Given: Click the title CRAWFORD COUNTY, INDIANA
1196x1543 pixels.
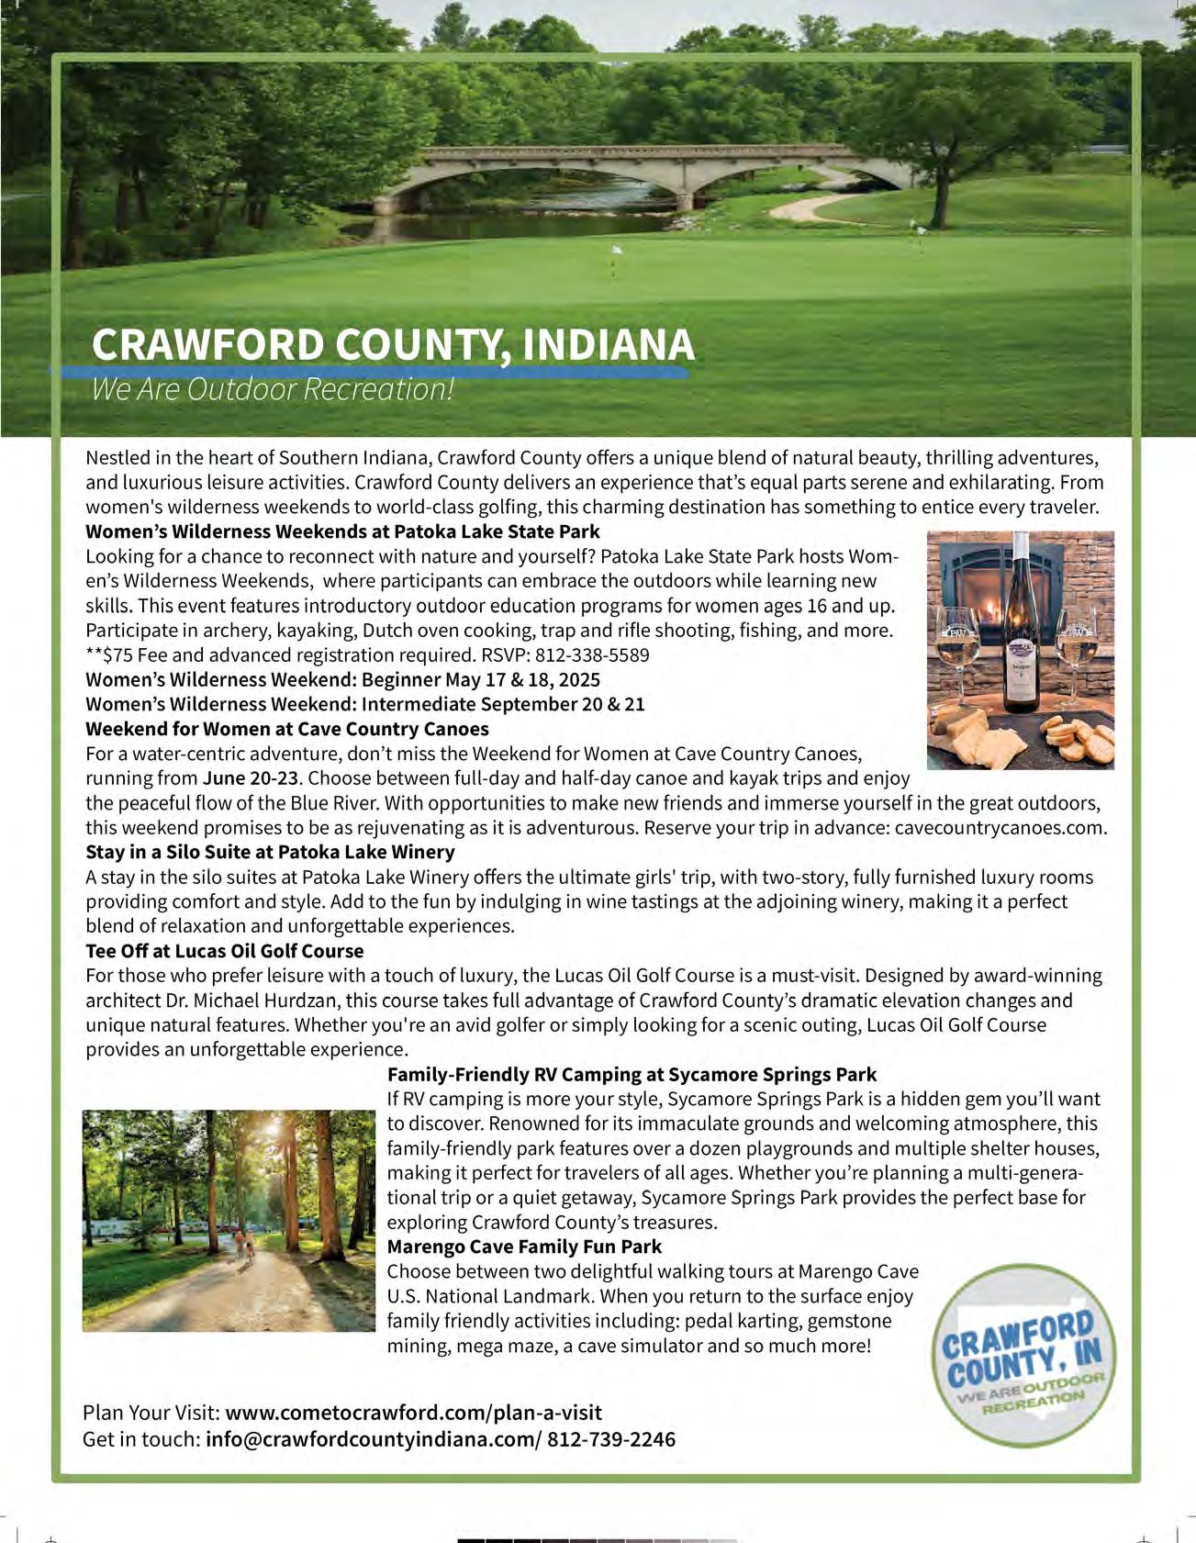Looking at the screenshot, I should (x=393, y=345).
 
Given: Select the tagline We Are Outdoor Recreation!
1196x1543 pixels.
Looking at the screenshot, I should (x=273, y=389).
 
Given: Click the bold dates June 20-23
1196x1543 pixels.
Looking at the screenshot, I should (x=250, y=778).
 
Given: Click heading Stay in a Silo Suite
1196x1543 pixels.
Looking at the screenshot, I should (x=270, y=852).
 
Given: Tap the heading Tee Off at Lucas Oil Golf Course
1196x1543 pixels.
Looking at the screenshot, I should (x=224, y=951).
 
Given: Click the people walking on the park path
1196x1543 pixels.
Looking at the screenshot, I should (x=242, y=1245).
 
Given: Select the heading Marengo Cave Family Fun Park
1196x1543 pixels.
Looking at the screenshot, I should (x=524, y=1247).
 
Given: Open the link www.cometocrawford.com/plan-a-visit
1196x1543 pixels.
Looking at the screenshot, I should (x=413, y=1412).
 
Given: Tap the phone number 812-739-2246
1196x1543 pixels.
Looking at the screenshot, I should (x=611, y=1438).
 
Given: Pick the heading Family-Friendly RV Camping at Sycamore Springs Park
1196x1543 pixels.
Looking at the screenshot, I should (x=632, y=1074).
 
